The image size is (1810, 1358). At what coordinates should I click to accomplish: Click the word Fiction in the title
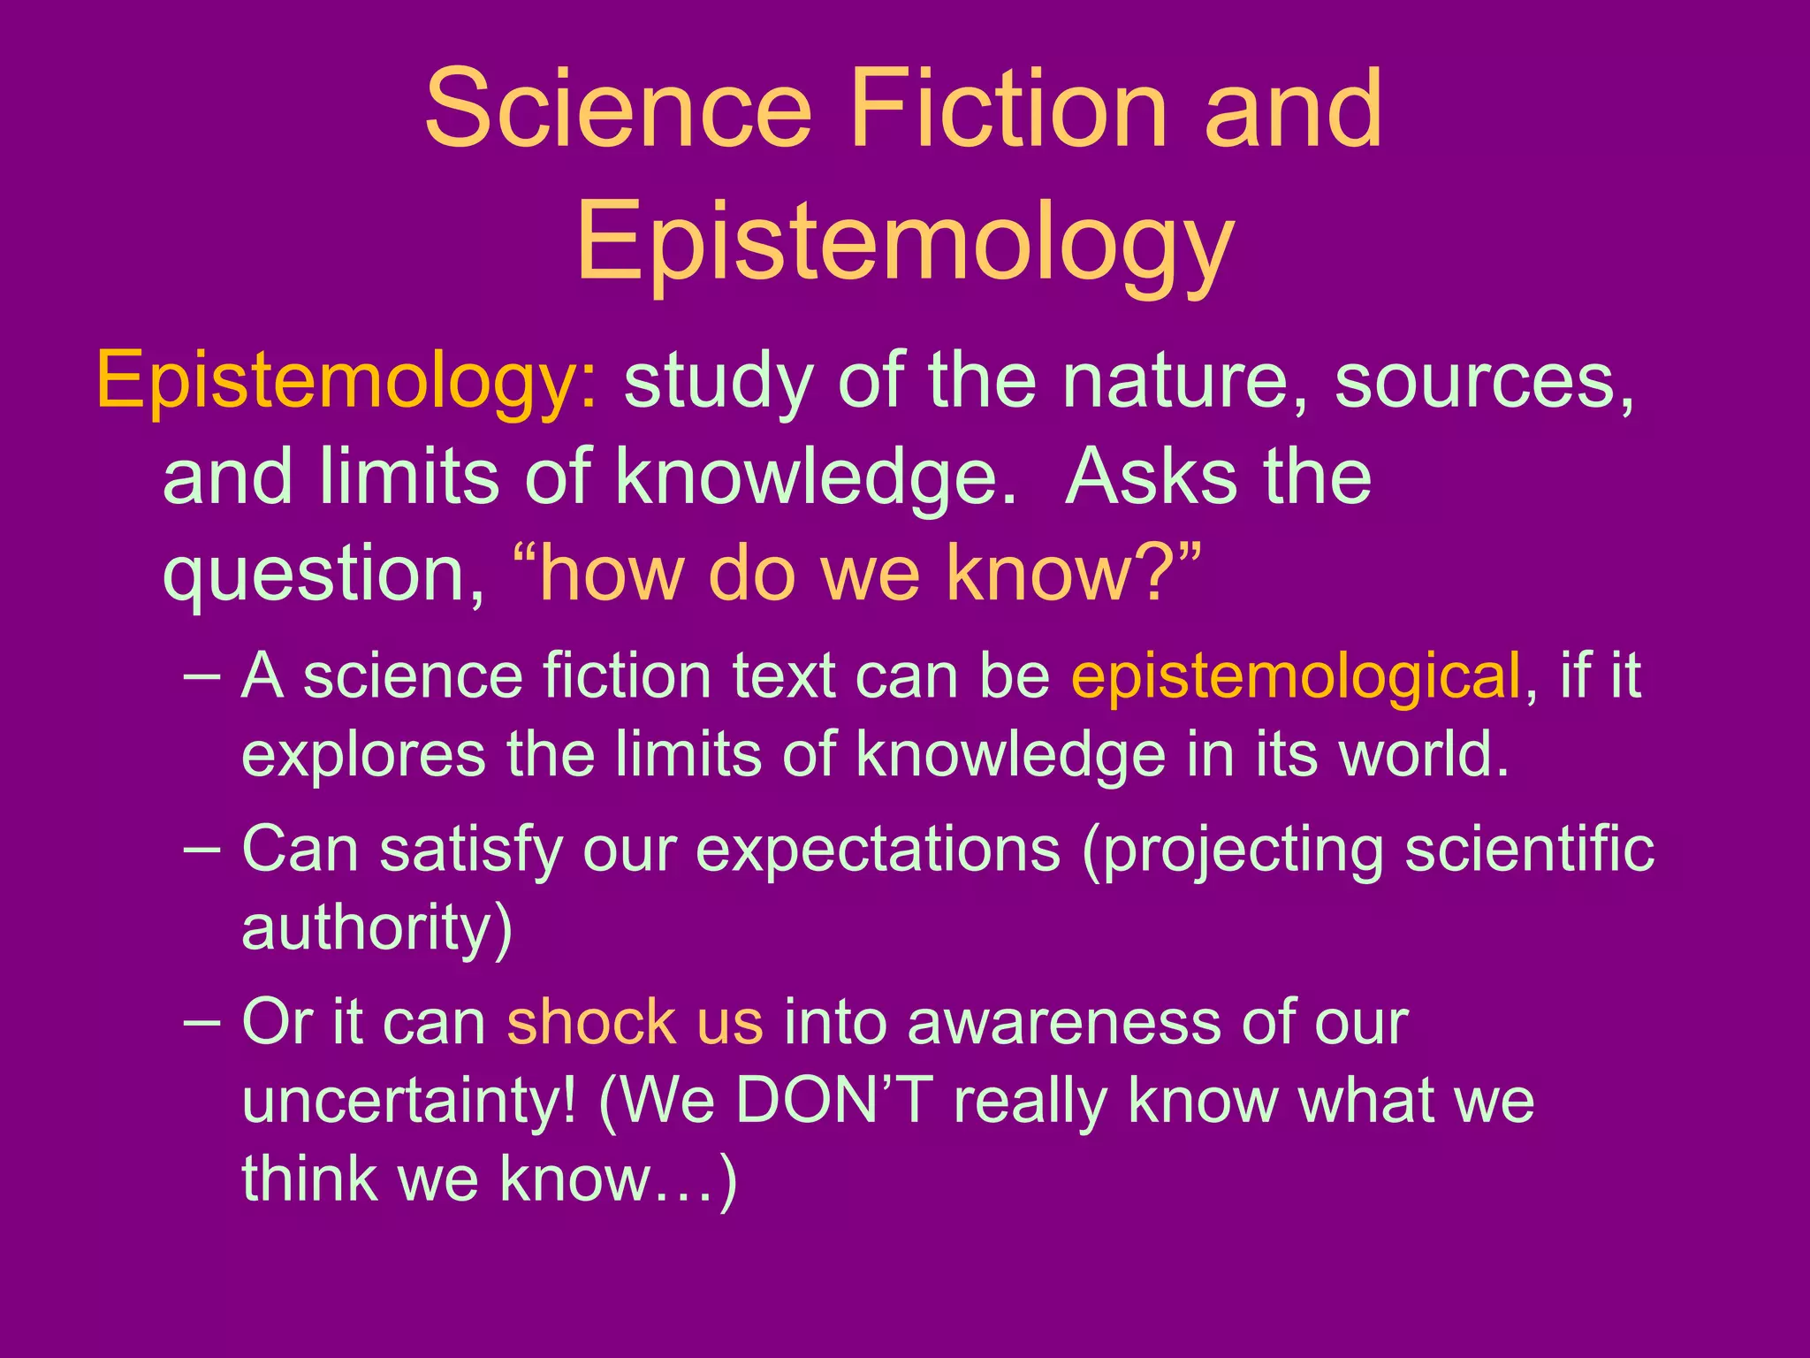pyautogui.click(x=1008, y=111)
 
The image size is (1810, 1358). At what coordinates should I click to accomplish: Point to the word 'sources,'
pyautogui.click(x=1484, y=382)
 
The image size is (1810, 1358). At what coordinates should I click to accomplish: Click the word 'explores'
pyautogui.click(x=363, y=755)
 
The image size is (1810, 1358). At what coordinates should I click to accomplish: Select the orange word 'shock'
pyautogui.click(x=589, y=1022)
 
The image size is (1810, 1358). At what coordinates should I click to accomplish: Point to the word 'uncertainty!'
pyautogui.click(x=410, y=1102)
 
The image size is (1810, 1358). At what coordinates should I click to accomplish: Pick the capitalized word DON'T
pyautogui.click(x=834, y=1102)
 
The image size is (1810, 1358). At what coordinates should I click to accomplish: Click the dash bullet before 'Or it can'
pyautogui.click(x=203, y=1022)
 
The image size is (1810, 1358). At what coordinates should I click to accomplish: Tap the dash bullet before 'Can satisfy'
pyautogui.click(x=203, y=849)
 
